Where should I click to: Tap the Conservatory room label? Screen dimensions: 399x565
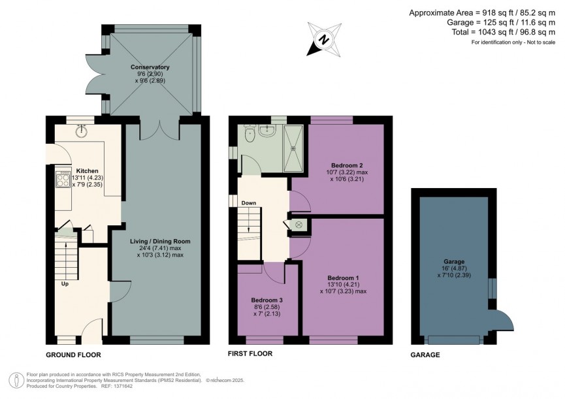(x=150, y=67)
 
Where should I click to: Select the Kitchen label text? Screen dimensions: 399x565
(x=87, y=170)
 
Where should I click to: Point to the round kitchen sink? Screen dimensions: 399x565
(x=82, y=131)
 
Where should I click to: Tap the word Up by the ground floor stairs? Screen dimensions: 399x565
(x=65, y=284)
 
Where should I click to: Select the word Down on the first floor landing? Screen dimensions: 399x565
(x=248, y=203)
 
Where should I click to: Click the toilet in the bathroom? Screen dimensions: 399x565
(x=248, y=134)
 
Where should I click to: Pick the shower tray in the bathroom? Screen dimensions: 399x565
(x=293, y=146)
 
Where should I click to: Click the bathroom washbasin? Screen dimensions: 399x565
(x=266, y=131)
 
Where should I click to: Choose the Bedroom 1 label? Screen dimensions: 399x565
(x=343, y=278)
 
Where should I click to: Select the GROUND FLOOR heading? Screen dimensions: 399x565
(x=73, y=355)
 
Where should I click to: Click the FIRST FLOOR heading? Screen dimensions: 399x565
(x=250, y=354)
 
